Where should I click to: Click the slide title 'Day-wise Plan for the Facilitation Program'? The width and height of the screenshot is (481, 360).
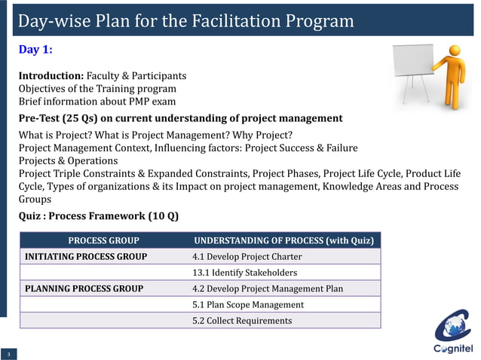pos(185,21)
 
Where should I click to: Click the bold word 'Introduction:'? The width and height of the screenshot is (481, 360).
pos(51,76)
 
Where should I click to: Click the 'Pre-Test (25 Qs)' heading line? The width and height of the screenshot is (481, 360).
pos(180,118)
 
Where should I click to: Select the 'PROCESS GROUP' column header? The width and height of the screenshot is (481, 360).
pos(103,241)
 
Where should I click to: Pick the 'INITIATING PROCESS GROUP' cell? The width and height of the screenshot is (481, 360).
pos(86,257)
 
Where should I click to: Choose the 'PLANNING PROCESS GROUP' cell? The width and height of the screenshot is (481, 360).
pos(84,288)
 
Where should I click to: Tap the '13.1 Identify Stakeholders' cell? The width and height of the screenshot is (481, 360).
pos(244,273)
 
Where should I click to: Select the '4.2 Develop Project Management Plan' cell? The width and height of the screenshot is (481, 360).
pos(268,288)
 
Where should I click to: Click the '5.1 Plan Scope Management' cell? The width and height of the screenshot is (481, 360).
pos(248,304)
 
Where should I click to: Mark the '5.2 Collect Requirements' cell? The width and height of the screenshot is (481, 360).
pos(242,321)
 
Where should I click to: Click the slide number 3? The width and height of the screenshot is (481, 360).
pos(8,354)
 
